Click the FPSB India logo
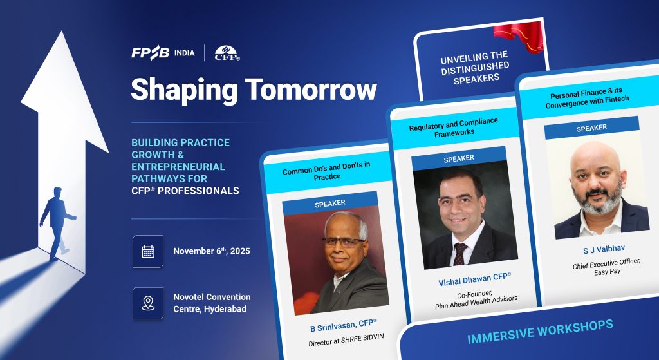[163, 53]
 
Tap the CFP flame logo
[227, 53]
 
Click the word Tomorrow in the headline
[311, 89]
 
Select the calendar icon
[148, 252]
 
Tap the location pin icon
[148, 303]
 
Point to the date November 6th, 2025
[211, 251]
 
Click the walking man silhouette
[57, 223]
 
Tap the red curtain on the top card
[520, 37]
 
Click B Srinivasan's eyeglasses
[344, 242]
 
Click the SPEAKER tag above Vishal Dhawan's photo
[459, 158]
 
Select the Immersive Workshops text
[540, 332]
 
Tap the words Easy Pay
[608, 272]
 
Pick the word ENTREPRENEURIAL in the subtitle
[178, 167]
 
